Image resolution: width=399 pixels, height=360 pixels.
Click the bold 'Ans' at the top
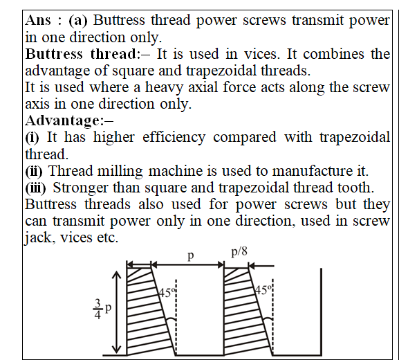[x=37, y=20]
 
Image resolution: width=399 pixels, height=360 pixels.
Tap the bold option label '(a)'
[x=78, y=20]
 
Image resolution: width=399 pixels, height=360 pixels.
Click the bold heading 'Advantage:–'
[x=69, y=120]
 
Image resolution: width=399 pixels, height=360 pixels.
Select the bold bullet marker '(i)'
[x=32, y=137]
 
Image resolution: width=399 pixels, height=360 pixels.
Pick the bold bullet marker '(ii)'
[x=34, y=171]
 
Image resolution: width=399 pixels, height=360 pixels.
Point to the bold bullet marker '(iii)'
[x=36, y=188]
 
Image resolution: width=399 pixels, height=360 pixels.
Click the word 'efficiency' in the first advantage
[x=174, y=137]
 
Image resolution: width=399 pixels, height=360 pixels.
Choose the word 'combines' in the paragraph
[x=333, y=54]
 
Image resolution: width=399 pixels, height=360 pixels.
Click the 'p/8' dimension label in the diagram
[x=239, y=252]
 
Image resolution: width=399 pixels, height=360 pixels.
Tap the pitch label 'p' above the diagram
[x=191, y=255]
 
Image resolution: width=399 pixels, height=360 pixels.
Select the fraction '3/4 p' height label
[x=102, y=309]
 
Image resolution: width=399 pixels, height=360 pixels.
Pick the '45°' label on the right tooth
[x=263, y=290]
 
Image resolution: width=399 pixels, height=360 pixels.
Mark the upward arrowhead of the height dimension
[x=117, y=275]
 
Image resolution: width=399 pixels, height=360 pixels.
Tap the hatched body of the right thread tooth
[x=245, y=314]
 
